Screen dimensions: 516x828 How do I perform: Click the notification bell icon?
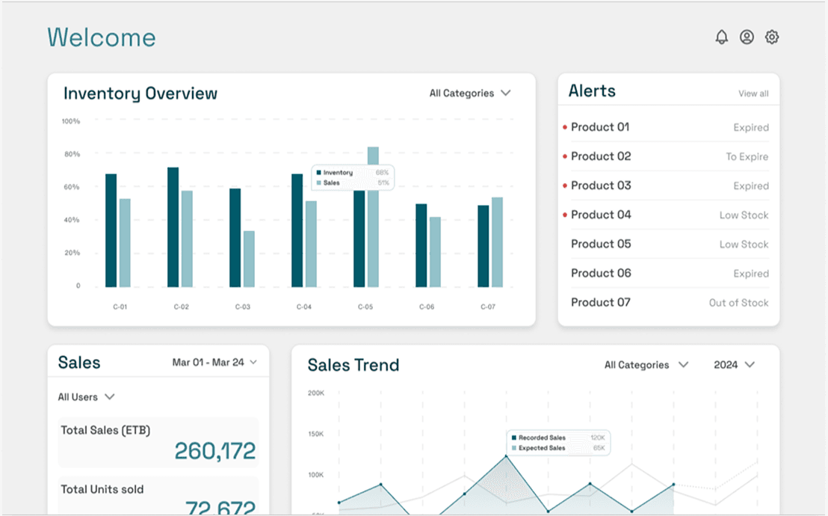coord(721,37)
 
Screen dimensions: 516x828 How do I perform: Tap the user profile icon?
coord(747,37)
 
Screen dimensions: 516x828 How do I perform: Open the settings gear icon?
coord(772,37)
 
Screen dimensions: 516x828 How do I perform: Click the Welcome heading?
coord(102,37)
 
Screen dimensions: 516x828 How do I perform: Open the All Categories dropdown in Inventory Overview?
coord(469,93)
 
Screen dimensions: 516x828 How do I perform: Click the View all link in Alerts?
coord(753,93)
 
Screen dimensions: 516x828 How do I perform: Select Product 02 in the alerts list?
coord(601,156)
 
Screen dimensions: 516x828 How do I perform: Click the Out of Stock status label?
coord(738,303)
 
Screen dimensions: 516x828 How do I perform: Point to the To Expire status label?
coord(747,157)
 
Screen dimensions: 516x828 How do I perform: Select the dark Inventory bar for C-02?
coord(173,227)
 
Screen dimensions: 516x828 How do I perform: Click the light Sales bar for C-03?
coord(249,259)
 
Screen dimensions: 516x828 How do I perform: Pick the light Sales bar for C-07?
coord(497,242)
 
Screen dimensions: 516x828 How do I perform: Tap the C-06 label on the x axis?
coord(426,307)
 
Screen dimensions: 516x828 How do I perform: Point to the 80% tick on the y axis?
coord(71,154)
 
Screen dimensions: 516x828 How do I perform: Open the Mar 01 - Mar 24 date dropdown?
coord(214,362)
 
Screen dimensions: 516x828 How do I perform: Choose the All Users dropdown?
coord(86,397)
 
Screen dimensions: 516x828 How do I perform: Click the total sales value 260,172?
coord(214,451)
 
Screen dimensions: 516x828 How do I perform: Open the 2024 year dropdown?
coord(734,365)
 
